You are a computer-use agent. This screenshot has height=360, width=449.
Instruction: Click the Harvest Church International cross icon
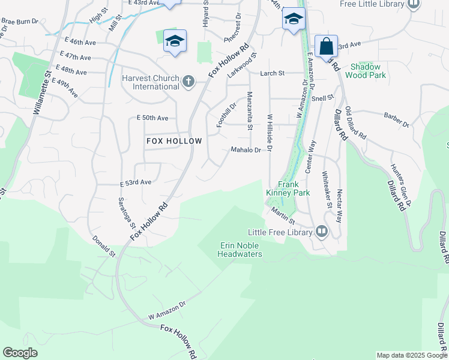tap(188, 81)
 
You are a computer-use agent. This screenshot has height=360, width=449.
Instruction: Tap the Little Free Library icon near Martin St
tap(322, 232)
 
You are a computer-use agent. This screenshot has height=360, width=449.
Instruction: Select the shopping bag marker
tap(326, 46)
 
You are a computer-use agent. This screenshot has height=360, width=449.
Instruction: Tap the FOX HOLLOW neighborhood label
tap(174, 140)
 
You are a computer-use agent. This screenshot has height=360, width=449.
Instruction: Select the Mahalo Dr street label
tap(246, 150)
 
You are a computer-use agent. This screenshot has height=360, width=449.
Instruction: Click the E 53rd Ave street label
tap(135, 182)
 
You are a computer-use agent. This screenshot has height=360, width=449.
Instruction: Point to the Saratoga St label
tap(125, 209)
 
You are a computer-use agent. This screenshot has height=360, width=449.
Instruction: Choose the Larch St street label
tap(272, 73)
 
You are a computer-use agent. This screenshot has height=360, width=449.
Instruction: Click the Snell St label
tap(322, 98)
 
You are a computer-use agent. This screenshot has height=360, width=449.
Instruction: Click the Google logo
tap(20, 353)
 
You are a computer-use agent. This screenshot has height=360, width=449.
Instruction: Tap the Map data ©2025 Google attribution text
tap(412, 355)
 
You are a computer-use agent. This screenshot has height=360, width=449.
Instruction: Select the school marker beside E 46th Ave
tap(175, 41)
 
